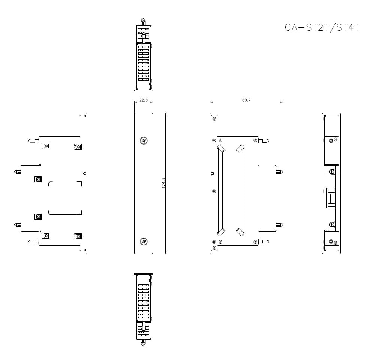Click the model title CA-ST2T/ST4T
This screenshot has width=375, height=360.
[322, 28]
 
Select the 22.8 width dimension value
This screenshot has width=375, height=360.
[143, 100]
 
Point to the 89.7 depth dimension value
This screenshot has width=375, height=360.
[246, 100]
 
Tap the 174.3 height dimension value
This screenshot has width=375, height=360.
[164, 183]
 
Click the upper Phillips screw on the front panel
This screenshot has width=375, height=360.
[143, 140]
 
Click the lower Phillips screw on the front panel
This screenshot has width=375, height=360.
[143, 242]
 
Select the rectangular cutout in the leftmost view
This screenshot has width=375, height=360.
[65, 198]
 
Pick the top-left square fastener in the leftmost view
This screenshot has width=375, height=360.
[46, 146]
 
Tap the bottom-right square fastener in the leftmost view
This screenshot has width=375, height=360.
[78, 236]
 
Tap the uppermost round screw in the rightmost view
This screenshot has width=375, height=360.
[331, 141]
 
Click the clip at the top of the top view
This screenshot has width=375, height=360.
[143, 21]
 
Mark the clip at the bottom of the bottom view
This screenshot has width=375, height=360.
[143, 342]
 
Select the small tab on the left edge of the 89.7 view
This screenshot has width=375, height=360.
[213, 173]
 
